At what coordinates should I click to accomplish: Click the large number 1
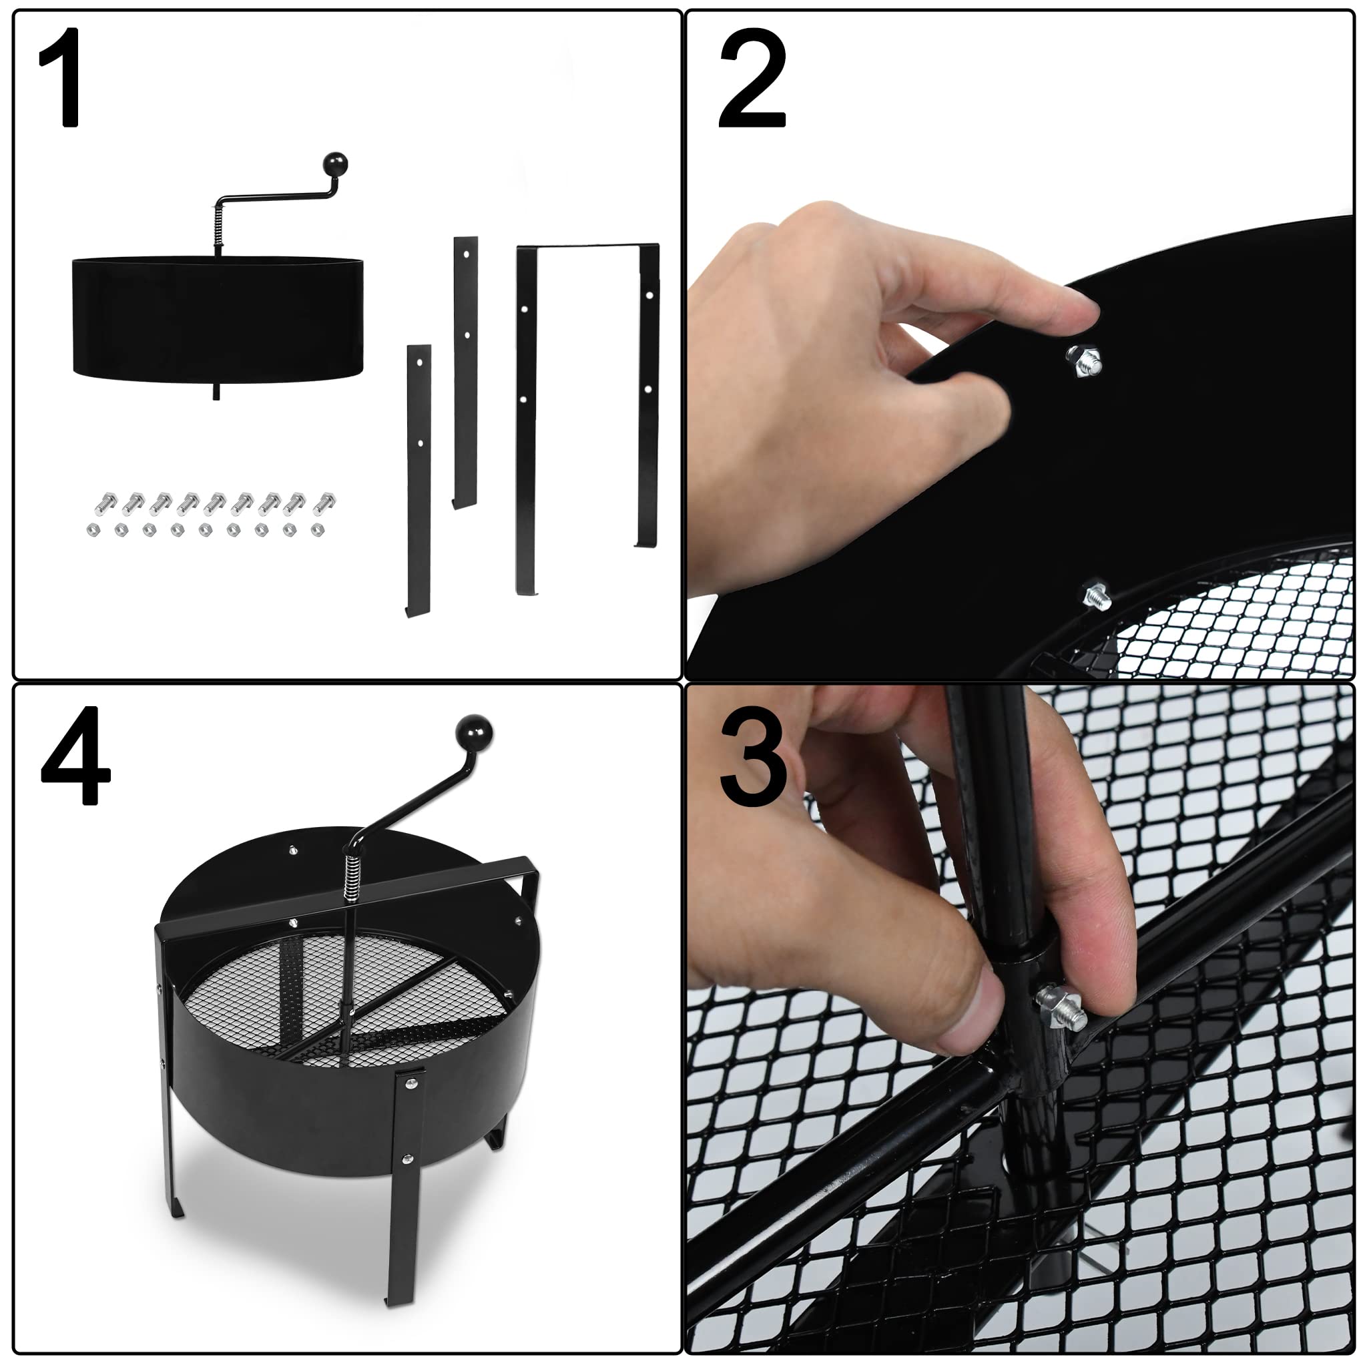pos(61,78)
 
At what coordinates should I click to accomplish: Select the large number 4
pos(75,756)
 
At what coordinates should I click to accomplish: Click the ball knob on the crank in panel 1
pos(335,165)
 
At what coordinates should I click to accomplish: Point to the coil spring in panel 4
pos(352,882)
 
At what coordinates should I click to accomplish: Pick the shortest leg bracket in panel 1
pos(418,481)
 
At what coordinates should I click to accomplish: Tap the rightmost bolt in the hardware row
pos(325,503)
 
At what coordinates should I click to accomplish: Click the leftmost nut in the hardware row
pos(93,529)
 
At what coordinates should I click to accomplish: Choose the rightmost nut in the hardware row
pos(318,529)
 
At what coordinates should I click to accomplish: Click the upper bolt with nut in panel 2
pos(1084,362)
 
